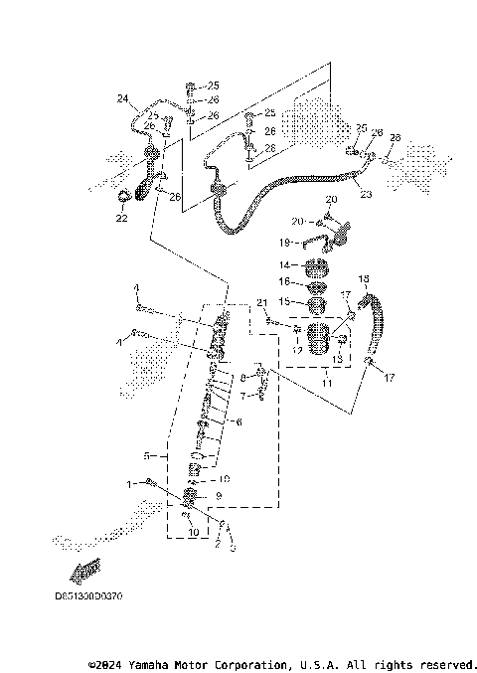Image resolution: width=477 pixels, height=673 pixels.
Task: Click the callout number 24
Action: tap(123, 97)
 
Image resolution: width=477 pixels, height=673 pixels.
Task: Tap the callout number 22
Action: tap(121, 217)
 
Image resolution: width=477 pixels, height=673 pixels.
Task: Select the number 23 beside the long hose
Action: tap(366, 194)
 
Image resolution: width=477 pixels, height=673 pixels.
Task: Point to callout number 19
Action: tap(283, 243)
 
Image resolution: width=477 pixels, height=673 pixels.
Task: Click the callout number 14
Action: tap(283, 265)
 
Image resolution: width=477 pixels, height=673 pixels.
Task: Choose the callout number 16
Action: tap(283, 282)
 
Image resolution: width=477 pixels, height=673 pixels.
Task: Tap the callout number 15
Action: tap(283, 300)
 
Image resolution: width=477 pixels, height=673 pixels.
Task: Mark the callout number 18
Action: tap(363, 278)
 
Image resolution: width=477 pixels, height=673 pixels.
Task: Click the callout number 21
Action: tap(262, 301)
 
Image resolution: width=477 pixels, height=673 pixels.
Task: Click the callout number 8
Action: tap(242, 378)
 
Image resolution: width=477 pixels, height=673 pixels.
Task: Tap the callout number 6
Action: tap(238, 422)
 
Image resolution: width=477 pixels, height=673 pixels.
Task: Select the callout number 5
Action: tap(146, 456)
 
